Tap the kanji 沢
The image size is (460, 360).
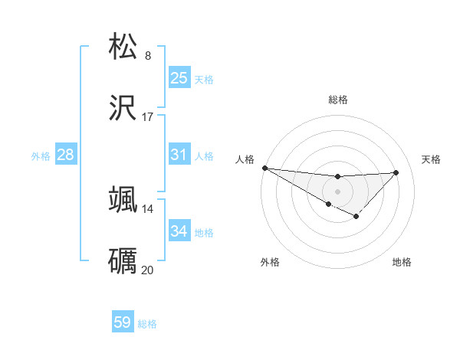tap(123, 109)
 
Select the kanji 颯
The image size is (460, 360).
tap(123, 199)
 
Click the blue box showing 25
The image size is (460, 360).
tap(179, 77)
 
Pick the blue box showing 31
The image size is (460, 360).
tap(179, 155)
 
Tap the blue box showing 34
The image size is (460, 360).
tap(179, 231)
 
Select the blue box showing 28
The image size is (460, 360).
tap(65, 155)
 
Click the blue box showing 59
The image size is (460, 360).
tap(123, 322)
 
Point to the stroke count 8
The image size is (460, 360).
tap(148, 55)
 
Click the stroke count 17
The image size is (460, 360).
tap(148, 117)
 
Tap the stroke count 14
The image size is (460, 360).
tap(148, 208)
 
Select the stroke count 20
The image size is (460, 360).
tap(148, 270)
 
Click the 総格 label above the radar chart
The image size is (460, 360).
tap(337, 100)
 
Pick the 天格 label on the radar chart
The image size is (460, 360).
tap(431, 159)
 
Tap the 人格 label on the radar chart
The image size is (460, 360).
tap(245, 159)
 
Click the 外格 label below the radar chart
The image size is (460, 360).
tap(270, 262)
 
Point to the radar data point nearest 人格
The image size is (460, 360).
tap(264, 168)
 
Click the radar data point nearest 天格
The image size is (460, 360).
tap(396, 172)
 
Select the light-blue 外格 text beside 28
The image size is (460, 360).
tap(41, 155)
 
